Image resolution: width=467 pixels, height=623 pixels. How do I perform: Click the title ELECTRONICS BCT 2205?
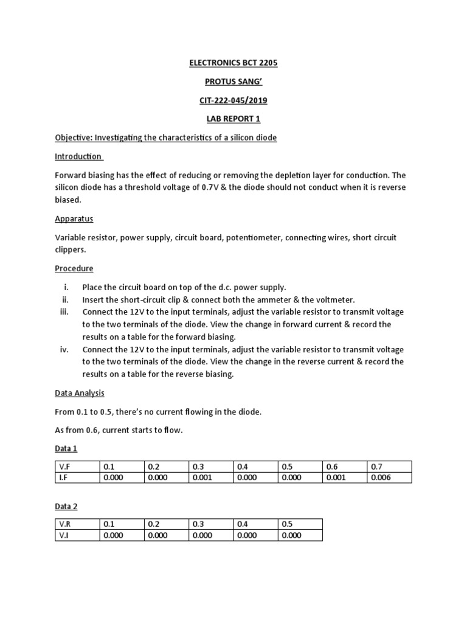233,63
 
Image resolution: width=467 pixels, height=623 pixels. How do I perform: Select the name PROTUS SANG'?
233,82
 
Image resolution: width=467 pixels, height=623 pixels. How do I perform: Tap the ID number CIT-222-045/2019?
233,100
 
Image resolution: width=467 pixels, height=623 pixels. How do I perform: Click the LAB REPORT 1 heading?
233,119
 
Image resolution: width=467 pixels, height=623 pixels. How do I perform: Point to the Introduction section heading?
78,156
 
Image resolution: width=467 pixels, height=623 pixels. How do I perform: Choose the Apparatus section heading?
74,218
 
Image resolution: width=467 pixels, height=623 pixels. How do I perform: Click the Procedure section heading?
74,268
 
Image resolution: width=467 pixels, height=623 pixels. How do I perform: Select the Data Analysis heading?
80,393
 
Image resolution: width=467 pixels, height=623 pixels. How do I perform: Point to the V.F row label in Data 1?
64,467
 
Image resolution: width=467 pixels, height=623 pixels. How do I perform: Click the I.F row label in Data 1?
63,478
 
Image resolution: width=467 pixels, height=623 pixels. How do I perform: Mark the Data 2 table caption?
66,506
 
